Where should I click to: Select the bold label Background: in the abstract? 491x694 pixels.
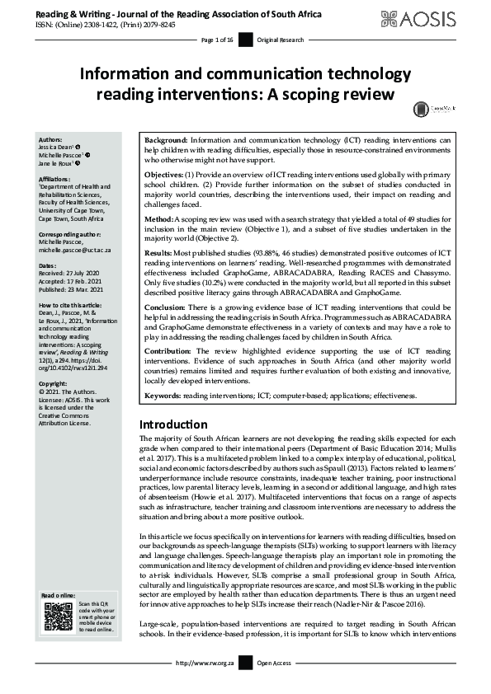point(168,141)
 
